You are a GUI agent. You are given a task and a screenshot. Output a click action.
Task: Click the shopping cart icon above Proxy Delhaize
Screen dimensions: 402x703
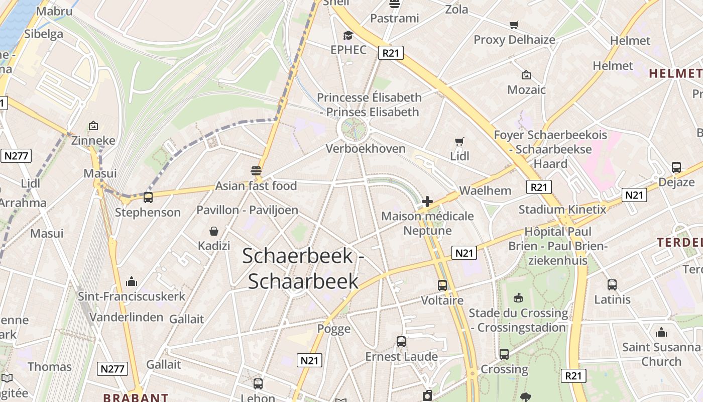514,25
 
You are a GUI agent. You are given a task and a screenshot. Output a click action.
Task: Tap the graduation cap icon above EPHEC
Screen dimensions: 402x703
348,35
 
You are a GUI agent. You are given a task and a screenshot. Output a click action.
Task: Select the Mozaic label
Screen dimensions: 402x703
526,89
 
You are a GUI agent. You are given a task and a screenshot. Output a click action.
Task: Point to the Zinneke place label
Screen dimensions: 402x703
93,140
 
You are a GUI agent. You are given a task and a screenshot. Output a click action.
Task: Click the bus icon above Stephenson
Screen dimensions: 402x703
148,197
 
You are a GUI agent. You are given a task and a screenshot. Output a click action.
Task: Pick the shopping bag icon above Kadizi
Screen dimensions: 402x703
214,231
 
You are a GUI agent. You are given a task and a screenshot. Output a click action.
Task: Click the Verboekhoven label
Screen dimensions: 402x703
365,148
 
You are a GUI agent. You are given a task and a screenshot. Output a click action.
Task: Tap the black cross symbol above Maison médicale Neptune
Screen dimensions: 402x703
427,202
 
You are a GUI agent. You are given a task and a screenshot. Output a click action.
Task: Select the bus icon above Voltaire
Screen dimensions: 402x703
442,285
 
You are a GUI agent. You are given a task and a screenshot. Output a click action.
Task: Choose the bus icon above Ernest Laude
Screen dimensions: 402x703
401,342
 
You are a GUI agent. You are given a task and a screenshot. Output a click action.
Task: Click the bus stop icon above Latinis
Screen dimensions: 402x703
612,285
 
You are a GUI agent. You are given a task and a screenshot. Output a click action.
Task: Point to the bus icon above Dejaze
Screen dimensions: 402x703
676,167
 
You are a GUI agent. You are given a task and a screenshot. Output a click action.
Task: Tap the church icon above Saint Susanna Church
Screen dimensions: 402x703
661,332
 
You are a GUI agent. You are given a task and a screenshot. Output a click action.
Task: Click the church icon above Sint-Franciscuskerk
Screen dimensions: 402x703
132,281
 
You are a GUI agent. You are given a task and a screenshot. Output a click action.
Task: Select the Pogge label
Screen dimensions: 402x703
334,329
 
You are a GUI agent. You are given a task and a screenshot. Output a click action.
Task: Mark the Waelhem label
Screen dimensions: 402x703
485,190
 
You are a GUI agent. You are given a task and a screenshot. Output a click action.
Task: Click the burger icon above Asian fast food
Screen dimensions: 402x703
256,170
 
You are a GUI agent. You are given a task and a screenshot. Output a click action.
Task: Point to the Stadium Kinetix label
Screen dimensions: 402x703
562,209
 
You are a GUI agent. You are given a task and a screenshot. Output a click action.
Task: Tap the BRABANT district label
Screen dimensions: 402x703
136,397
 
